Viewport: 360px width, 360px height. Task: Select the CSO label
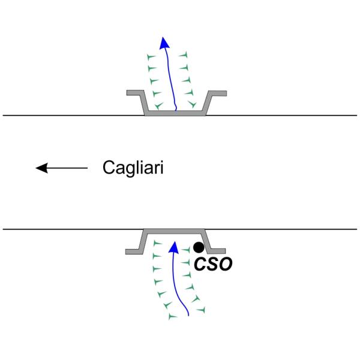coord(212,264)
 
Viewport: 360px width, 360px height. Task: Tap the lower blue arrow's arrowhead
coord(174,246)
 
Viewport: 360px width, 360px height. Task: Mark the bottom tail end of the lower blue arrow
coord(189,314)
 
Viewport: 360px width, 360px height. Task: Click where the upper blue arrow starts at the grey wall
coord(175,110)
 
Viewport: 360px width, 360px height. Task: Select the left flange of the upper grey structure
coord(133,93)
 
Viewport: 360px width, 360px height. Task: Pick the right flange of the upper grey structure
coord(218,93)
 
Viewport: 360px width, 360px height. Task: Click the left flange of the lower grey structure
coord(133,250)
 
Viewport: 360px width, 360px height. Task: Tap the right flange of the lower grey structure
coord(217,250)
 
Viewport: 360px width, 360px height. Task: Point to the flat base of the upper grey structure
coord(175,112)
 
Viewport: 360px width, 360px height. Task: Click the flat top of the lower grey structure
coord(174,231)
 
